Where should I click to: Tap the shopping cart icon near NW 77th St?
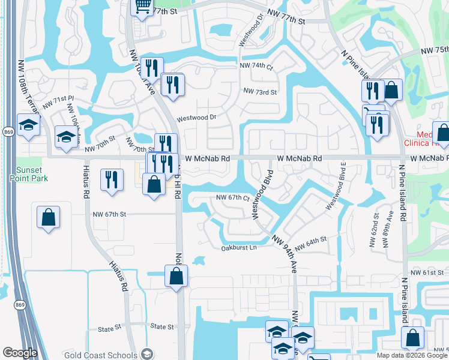coord(142,7)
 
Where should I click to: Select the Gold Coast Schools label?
coord(99,354)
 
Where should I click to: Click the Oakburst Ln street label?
coord(238,247)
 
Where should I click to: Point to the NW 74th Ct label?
coord(256,66)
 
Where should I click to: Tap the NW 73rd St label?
coord(260,92)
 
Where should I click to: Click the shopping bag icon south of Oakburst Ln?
coord(176,277)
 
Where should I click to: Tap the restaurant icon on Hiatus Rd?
coord(112,181)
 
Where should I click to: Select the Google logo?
coord(20,353)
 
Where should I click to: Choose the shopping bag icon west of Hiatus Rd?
coord(48,218)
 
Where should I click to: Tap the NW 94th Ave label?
coord(286,251)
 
